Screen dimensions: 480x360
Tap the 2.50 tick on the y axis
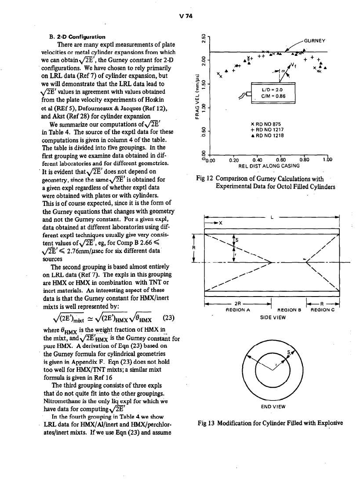(203, 38)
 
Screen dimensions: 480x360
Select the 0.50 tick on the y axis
(203, 132)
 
